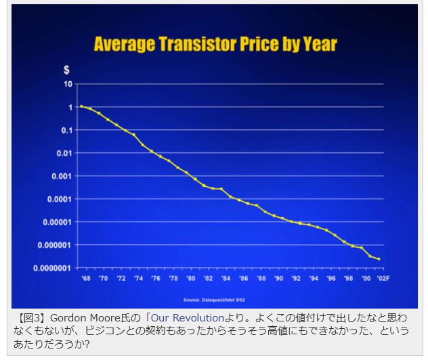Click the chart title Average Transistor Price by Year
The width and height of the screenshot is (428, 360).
coord(215,45)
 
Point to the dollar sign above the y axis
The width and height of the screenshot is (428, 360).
coord(66,70)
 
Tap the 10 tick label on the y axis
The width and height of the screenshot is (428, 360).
coord(68,85)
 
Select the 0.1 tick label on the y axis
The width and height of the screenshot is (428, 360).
coord(66,131)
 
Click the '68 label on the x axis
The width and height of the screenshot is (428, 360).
coord(85,278)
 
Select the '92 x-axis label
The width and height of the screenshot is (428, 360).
coord(295,278)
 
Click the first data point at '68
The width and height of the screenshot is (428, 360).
coord(81,106)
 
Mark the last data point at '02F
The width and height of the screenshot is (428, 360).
coord(379,259)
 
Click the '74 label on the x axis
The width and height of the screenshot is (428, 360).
coord(138,278)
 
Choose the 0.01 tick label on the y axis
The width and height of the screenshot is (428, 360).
coord(64,154)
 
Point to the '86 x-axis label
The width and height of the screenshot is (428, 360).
coord(243,278)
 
